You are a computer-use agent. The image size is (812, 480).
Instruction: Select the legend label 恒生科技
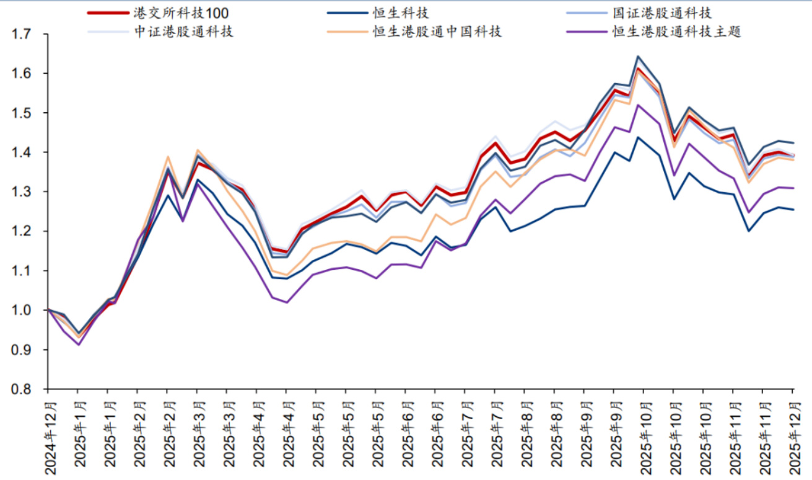pyautogui.click(x=406, y=13)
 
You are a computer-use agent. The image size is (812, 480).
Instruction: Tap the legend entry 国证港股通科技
pyautogui.click(x=661, y=13)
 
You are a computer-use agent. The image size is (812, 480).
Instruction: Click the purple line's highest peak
pyautogui.click(x=638, y=105)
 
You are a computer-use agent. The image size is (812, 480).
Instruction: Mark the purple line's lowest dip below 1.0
pyautogui.click(x=78, y=344)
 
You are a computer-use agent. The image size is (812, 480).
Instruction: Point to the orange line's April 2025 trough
pyautogui.click(x=286, y=275)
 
